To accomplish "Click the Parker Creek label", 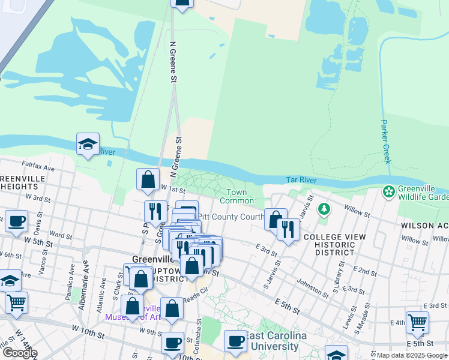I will click(x=385, y=142).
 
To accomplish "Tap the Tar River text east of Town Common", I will click(x=300, y=179).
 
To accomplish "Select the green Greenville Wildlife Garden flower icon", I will click(x=389, y=192).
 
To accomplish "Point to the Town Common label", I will click(x=237, y=196).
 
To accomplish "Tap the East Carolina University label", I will click(x=275, y=341).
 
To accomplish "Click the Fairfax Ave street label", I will click(x=38, y=170).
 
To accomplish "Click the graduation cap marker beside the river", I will click(x=88, y=144).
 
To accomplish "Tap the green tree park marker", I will click(x=324, y=209).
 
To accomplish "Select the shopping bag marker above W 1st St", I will click(x=148, y=179).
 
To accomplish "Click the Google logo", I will click(x=20, y=352).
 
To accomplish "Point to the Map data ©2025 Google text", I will click(x=411, y=355).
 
